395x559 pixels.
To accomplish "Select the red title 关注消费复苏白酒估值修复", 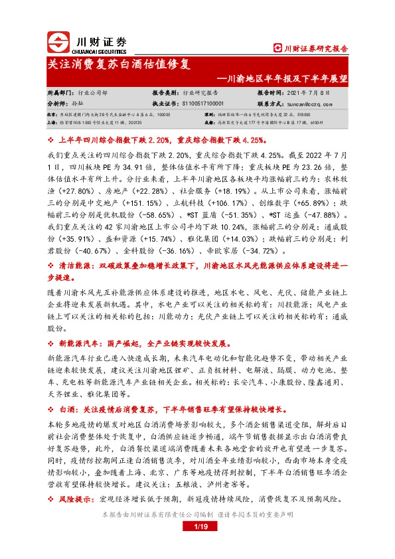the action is point(119,65).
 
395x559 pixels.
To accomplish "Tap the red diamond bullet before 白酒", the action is point(51,409).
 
